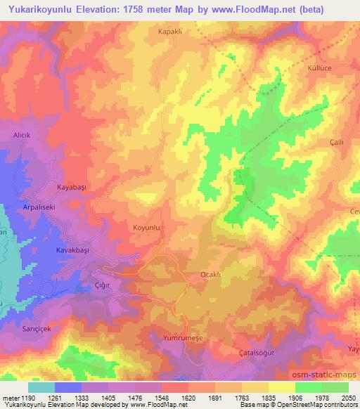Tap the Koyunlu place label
(x=148, y=228)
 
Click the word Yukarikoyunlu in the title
(x=39, y=10)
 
